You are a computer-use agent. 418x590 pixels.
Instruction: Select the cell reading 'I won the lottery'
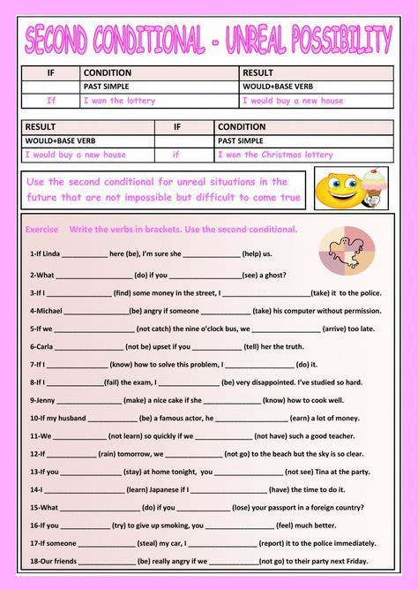pos(119,101)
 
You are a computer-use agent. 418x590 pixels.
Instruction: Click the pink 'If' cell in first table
pos(51,101)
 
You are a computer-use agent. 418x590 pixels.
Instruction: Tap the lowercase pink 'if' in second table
pos(175,154)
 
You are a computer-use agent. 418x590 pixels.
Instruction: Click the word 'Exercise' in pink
pos(41,230)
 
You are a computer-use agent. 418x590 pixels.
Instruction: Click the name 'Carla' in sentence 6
pos(47,346)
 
